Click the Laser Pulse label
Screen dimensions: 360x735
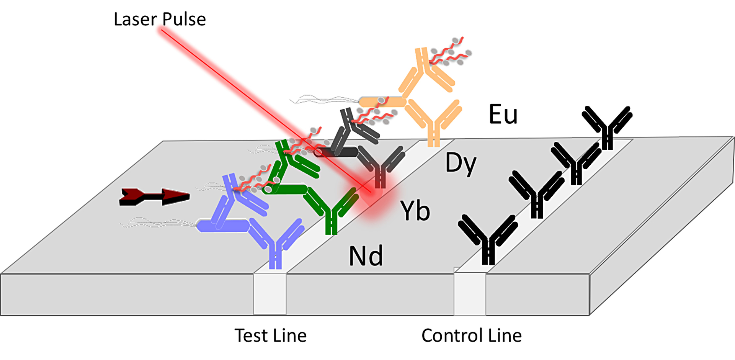pyautogui.click(x=160, y=19)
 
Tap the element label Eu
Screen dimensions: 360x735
pyautogui.click(x=503, y=114)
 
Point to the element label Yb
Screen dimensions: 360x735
pyautogui.click(x=415, y=211)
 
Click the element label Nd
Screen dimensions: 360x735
pyautogui.click(x=366, y=256)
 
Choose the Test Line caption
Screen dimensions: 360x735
pyautogui.click(x=270, y=335)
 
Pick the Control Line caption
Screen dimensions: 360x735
pyautogui.click(x=471, y=335)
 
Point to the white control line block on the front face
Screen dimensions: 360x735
pyautogui.click(x=470, y=293)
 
